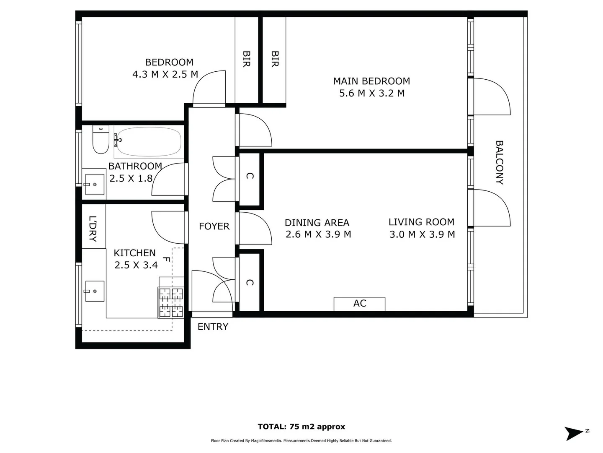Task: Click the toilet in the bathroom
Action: tap(100, 140)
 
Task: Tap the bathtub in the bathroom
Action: tap(149, 142)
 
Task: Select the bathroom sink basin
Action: tap(95, 185)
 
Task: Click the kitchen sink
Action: tap(95, 291)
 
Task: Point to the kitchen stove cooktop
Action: tap(171, 302)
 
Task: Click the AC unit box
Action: tap(359, 304)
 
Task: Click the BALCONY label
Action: tap(499, 162)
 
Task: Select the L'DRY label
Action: tap(93, 229)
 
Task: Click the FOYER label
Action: tap(214, 226)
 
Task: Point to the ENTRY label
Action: tap(213, 327)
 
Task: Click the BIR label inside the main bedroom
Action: tap(275, 59)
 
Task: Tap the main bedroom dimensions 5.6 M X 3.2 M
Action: tap(372, 93)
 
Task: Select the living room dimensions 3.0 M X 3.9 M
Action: tap(422, 234)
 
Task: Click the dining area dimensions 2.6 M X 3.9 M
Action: tap(318, 234)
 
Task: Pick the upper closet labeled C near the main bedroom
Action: tap(250, 176)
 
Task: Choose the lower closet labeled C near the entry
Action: tap(250, 283)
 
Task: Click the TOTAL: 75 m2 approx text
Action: tap(301, 427)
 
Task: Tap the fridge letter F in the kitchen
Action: tap(166, 260)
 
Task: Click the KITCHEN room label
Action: tap(134, 253)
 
